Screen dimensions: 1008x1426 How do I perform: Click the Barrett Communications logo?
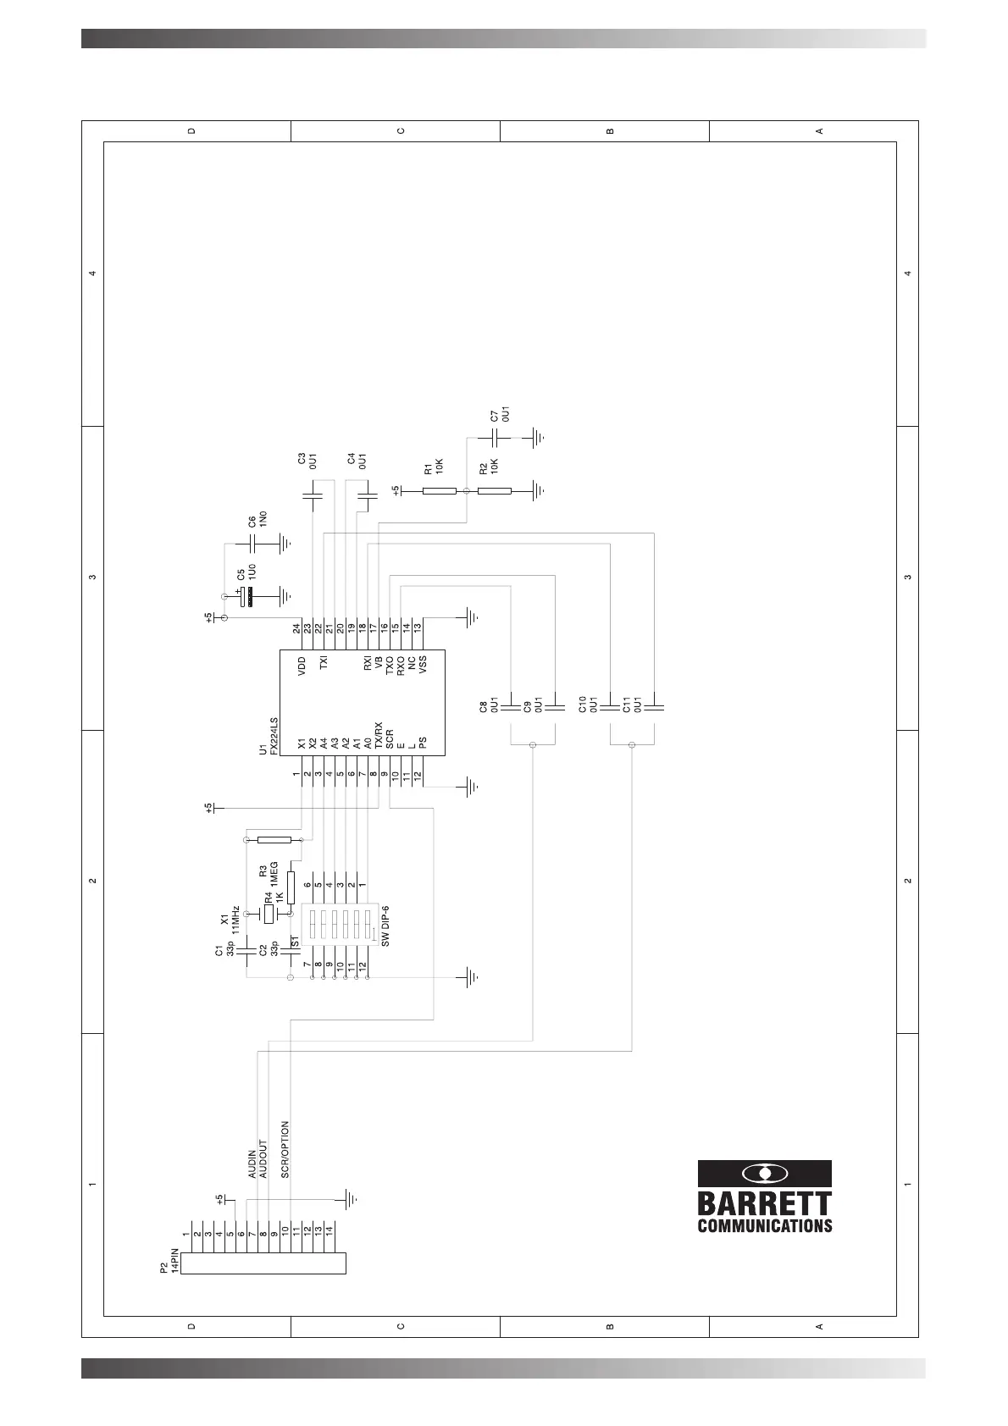(x=764, y=1196)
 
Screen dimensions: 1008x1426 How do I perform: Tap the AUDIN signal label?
(x=252, y=1163)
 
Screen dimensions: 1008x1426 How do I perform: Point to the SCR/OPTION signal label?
(x=285, y=1150)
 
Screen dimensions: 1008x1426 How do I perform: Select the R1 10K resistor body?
(x=439, y=490)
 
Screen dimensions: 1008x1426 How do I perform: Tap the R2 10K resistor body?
(x=494, y=490)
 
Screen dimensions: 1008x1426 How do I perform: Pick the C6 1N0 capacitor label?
(x=258, y=519)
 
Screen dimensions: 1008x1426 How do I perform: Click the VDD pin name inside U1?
(x=302, y=666)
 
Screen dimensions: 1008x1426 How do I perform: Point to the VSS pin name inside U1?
(x=422, y=665)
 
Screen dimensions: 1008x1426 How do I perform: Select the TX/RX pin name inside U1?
(x=378, y=738)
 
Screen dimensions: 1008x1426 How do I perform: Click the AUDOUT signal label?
(x=263, y=1160)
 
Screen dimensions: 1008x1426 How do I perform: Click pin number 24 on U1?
(x=296, y=628)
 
